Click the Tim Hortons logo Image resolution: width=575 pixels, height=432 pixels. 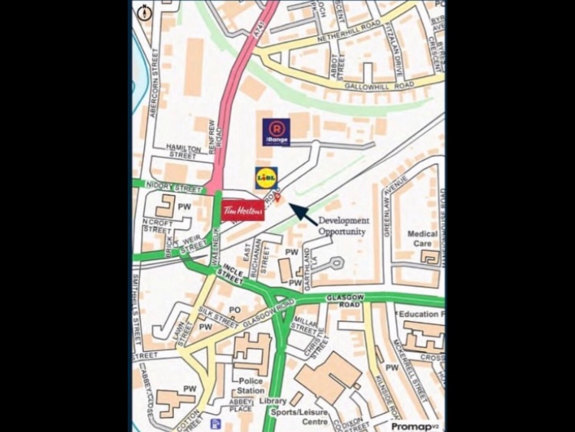[243, 210]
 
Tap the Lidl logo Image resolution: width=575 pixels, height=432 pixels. [266, 178]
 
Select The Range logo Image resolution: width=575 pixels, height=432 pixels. [276, 132]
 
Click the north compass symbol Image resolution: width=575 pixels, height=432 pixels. [145, 13]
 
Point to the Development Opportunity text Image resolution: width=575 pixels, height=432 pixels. [343, 226]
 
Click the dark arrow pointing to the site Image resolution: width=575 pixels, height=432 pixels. [303, 214]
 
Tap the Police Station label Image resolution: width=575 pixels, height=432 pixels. [251, 385]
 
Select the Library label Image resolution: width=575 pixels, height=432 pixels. [273, 401]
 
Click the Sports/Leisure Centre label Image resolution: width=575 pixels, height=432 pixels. [299, 417]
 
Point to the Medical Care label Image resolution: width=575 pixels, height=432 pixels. [422, 239]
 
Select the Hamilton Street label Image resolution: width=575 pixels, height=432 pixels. [183, 151]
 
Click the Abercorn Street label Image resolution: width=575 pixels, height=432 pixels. [154, 82]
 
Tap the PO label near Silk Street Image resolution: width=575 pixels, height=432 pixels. [234, 311]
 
